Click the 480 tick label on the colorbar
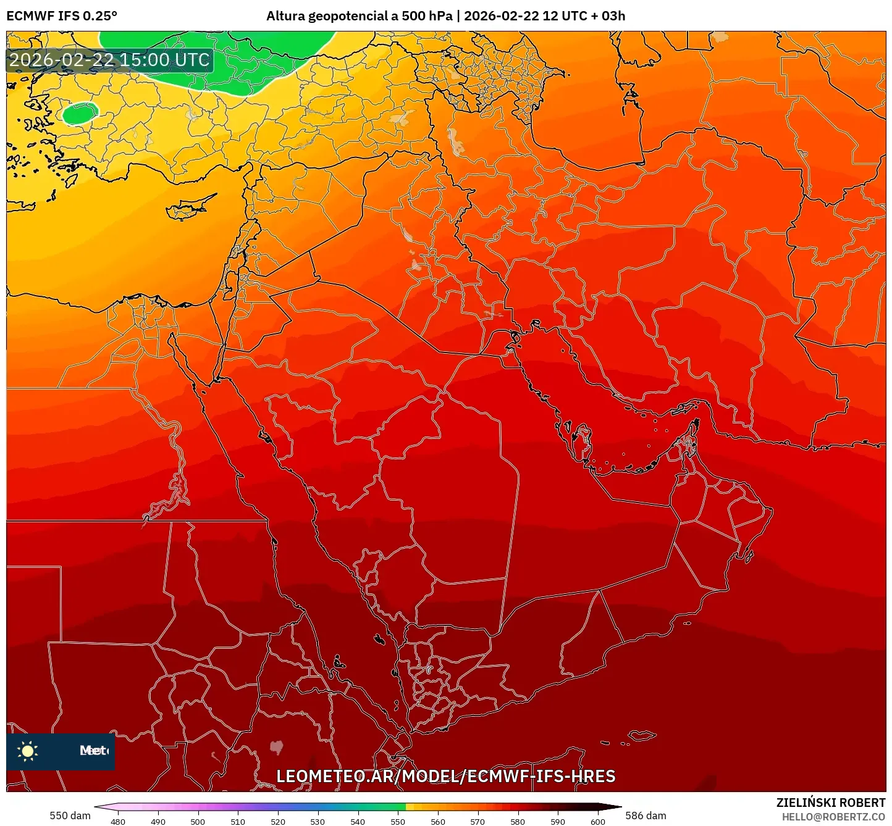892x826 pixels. tap(117, 822)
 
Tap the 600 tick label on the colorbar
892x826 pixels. tap(597, 822)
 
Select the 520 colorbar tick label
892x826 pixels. tap(277, 822)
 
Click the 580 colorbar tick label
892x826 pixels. tap(518, 822)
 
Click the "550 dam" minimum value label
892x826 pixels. tap(70, 816)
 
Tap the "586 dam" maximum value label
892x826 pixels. tap(646, 816)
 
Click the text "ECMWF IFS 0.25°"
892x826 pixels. tap(62, 16)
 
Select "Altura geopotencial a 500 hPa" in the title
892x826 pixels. tap(359, 16)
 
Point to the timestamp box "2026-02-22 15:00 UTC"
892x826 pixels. tap(109, 60)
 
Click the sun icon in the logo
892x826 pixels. tap(28, 751)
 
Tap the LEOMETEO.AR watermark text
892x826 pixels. tap(445, 776)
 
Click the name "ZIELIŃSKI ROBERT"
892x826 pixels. tap(831, 803)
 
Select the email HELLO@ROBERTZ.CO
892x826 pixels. tap(833, 817)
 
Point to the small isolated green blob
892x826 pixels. tap(80, 113)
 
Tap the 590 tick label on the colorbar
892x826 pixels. tap(558, 822)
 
